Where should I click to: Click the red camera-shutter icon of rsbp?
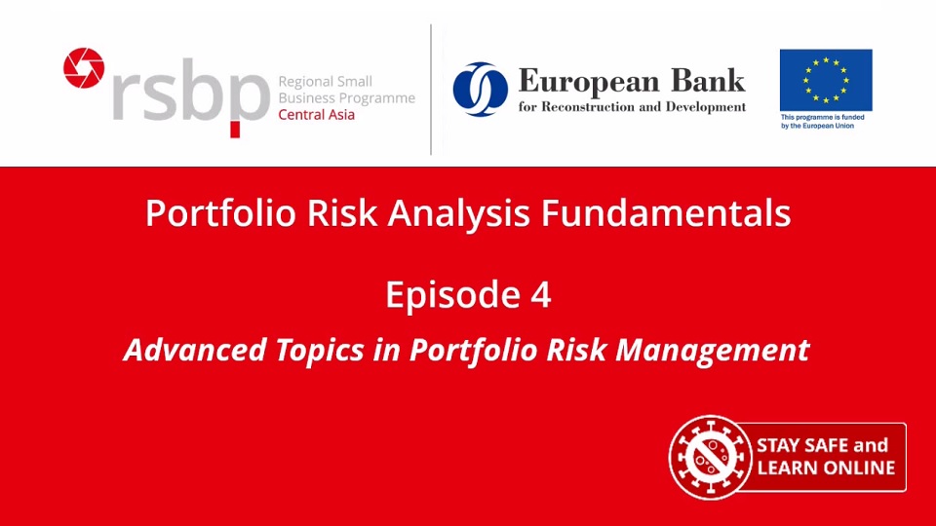pos(84,67)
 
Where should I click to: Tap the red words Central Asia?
pos(317,115)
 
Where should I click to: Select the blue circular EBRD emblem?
pos(480,90)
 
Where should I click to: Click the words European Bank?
pos(631,80)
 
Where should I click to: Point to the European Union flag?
pos(825,80)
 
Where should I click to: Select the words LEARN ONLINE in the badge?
pos(825,469)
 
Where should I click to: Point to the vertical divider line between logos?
pos(431,90)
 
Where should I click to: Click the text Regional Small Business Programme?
pos(346,90)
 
